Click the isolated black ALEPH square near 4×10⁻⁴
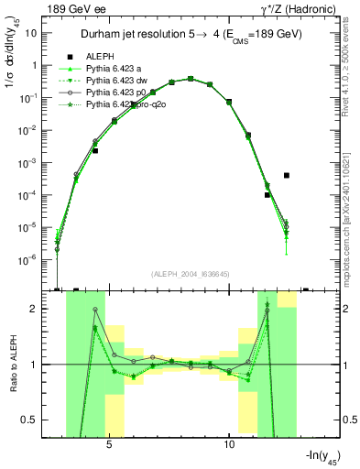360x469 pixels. coord(287,175)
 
